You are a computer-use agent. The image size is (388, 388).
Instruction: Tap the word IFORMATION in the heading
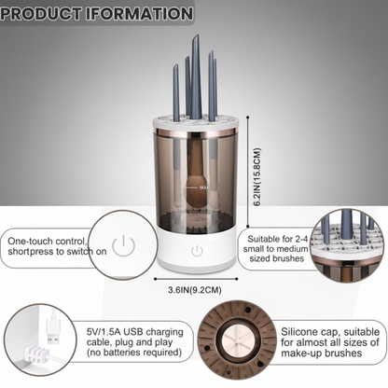click(142, 14)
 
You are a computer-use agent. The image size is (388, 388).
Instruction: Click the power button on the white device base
click(197, 251)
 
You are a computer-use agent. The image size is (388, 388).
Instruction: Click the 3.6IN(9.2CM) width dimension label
click(196, 289)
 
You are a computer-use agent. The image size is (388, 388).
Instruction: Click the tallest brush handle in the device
click(195, 75)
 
